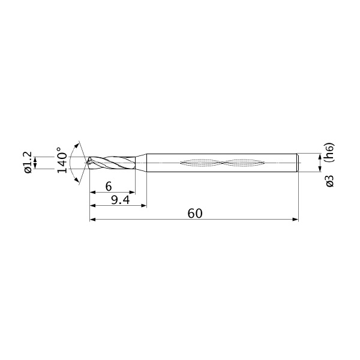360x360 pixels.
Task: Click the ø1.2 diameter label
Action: pyautogui.click(x=28, y=163)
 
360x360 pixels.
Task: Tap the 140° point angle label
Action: pyautogui.click(x=62, y=160)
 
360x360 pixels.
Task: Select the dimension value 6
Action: pyautogui.click(x=109, y=186)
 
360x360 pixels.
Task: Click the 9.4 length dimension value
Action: pyautogui.click(x=121, y=200)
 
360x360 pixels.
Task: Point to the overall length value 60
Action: pyautogui.click(x=195, y=214)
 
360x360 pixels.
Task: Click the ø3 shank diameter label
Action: pyautogui.click(x=329, y=181)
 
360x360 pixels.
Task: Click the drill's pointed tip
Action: pyautogui.click(x=86, y=163)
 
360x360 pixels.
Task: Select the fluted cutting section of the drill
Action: pyautogui.click(x=112, y=163)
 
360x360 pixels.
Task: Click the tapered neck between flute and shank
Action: pyautogui.click(x=141, y=163)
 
